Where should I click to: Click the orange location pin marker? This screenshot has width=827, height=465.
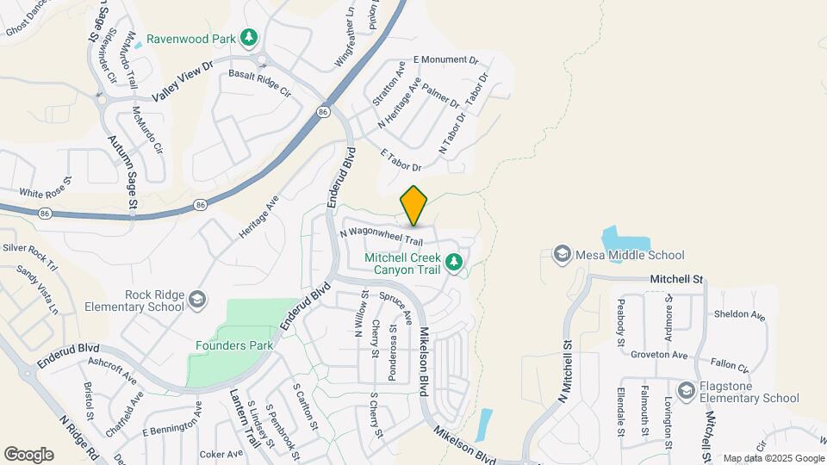coord(413,205)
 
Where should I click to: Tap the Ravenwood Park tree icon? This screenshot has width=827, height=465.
coord(249,37)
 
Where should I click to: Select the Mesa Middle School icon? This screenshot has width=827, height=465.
coord(562,254)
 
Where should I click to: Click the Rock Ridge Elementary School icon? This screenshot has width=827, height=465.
coord(197,300)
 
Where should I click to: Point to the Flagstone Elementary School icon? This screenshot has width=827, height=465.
coord(686,390)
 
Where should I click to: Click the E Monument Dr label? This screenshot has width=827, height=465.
coord(445,59)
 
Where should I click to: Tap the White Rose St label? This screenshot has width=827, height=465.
coord(46,193)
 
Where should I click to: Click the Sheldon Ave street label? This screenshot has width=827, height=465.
coord(739,315)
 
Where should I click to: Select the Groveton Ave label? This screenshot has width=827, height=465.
coord(658,355)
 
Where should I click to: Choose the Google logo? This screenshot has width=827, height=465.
coord(28,454)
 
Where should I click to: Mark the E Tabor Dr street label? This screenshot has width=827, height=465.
coord(401,159)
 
